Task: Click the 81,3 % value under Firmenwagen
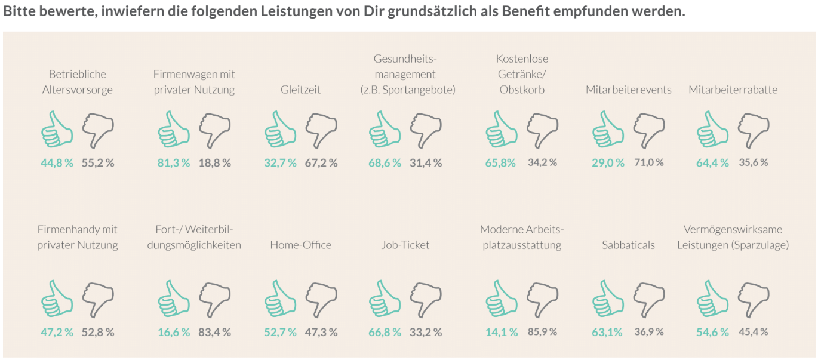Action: click(174, 162)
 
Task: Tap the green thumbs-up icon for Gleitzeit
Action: click(280, 129)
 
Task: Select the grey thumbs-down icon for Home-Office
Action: click(322, 299)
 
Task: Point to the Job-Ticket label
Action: click(405, 245)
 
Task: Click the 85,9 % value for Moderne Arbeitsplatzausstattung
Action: click(542, 332)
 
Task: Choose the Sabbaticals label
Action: click(628, 245)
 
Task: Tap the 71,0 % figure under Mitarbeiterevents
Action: click(648, 162)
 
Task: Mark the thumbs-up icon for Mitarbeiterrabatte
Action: click(712, 129)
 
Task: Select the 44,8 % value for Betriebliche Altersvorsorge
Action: click(57, 162)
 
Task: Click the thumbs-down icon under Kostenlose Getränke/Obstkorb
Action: click(543, 129)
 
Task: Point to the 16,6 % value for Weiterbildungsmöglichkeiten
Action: click(174, 332)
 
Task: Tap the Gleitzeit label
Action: click(301, 90)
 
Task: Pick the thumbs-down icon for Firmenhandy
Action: click(98, 299)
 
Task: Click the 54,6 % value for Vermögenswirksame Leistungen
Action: click(712, 332)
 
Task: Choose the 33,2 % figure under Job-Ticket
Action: click(426, 332)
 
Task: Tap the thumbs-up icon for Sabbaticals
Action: click(608, 299)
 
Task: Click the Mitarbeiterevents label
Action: click(629, 90)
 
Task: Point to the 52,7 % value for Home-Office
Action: click(280, 332)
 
